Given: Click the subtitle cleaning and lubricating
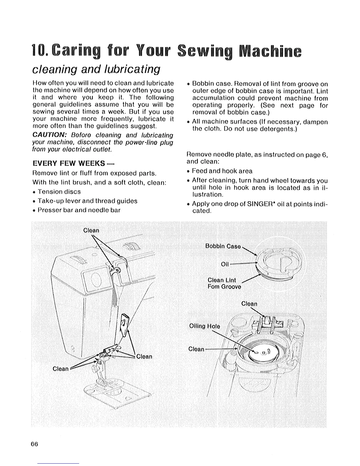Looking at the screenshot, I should coord(96,70).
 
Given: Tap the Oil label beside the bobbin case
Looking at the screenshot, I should coord(225,264).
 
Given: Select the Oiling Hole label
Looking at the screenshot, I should coord(205,326).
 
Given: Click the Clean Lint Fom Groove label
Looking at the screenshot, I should coord(224,283).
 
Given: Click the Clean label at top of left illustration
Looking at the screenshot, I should coord(91,230).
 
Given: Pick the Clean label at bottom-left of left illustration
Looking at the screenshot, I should coord(61,369).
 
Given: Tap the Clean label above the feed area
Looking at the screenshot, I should coord(249,304).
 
